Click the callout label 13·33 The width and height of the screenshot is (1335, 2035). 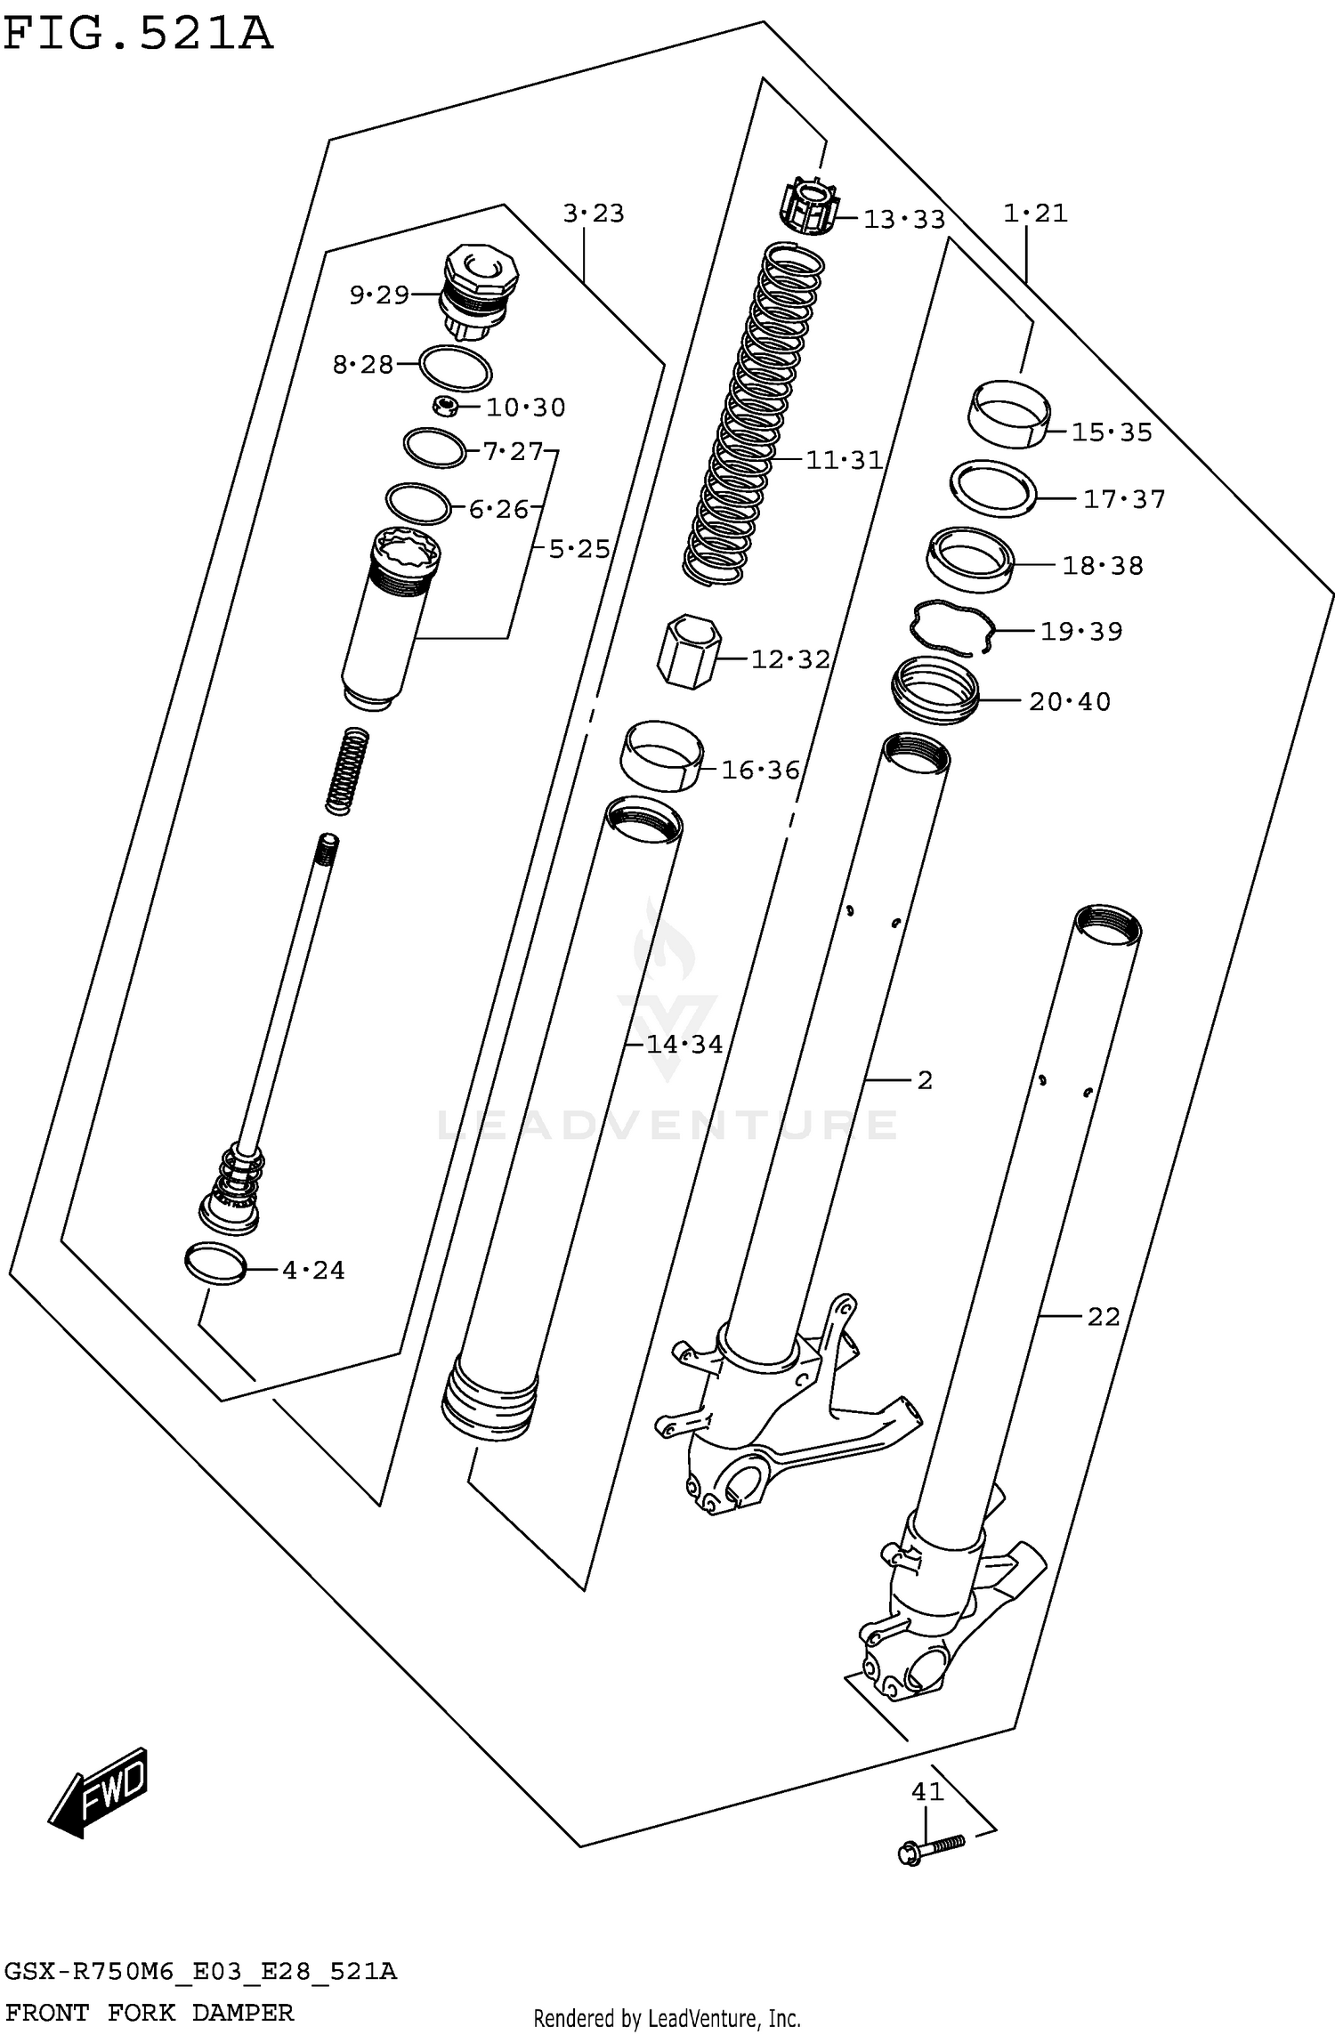(x=903, y=219)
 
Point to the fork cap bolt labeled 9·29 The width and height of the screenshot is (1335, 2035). (x=479, y=289)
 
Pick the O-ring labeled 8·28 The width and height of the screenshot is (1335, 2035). (x=455, y=367)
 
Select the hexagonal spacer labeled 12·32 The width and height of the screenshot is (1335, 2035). (x=688, y=651)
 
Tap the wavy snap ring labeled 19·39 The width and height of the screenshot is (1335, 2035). (x=951, y=626)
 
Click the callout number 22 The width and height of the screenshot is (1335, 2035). (x=1103, y=1317)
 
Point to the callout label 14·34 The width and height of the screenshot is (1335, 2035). (x=684, y=1044)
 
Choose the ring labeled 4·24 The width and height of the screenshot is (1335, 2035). (x=215, y=1264)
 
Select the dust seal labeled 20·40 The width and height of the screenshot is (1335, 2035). (x=934, y=690)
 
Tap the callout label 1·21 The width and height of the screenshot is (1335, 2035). (x=1034, y=214)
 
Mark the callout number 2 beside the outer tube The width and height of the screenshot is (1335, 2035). (x=924, y=1080)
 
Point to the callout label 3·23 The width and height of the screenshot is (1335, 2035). (x=593, y=214)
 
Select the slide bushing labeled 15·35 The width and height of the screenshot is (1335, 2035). (x=1007, y=412)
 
